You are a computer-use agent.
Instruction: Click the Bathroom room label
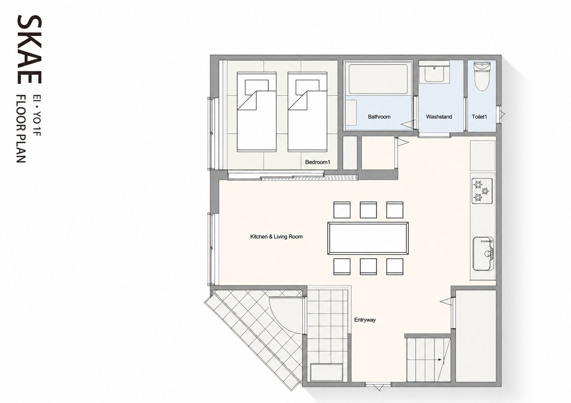pyautogui.click(x=379, y=117)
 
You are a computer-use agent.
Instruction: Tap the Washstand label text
pyautogui.click(x=439, y=117)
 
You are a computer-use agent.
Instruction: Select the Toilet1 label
pyautogui.click(x=479, y=117)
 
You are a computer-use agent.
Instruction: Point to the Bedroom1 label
pyautogui.click(x=317, y=162)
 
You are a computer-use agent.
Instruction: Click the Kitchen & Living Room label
pyautogui.click(x=276, y=237)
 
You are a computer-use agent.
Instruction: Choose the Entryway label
pyautogui.click(x=365, y=320)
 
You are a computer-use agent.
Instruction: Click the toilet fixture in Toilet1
pyautogui.click(x=482, y=76)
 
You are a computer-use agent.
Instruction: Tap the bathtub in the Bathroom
pyautogui.click(x=378, y=79)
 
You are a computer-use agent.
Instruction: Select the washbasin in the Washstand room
pyautogui.click(x=434, y=73)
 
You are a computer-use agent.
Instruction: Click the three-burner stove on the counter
pyautogui.click(x=482, y=191)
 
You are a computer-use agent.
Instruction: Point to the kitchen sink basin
pyautogui.click(x=483, y=253)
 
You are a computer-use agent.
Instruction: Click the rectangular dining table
pyautogui.click(x=368, y=238)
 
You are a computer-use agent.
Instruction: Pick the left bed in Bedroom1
pyautogui.click(x=257, y=112)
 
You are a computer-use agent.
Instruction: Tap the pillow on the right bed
pyautogui.click(x=308, y=87)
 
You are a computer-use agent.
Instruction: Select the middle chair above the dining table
pyautogui.click(x=368, y=210)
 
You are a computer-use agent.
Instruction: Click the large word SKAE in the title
pyautogui.click(x=29, y=49)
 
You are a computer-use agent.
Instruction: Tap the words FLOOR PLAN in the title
pyautogui.click(x=21, y=128)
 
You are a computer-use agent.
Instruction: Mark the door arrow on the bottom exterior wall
pyautogui.click(x=378, y=387)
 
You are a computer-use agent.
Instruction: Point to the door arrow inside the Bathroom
pyautogui.click(x=407, y=124)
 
